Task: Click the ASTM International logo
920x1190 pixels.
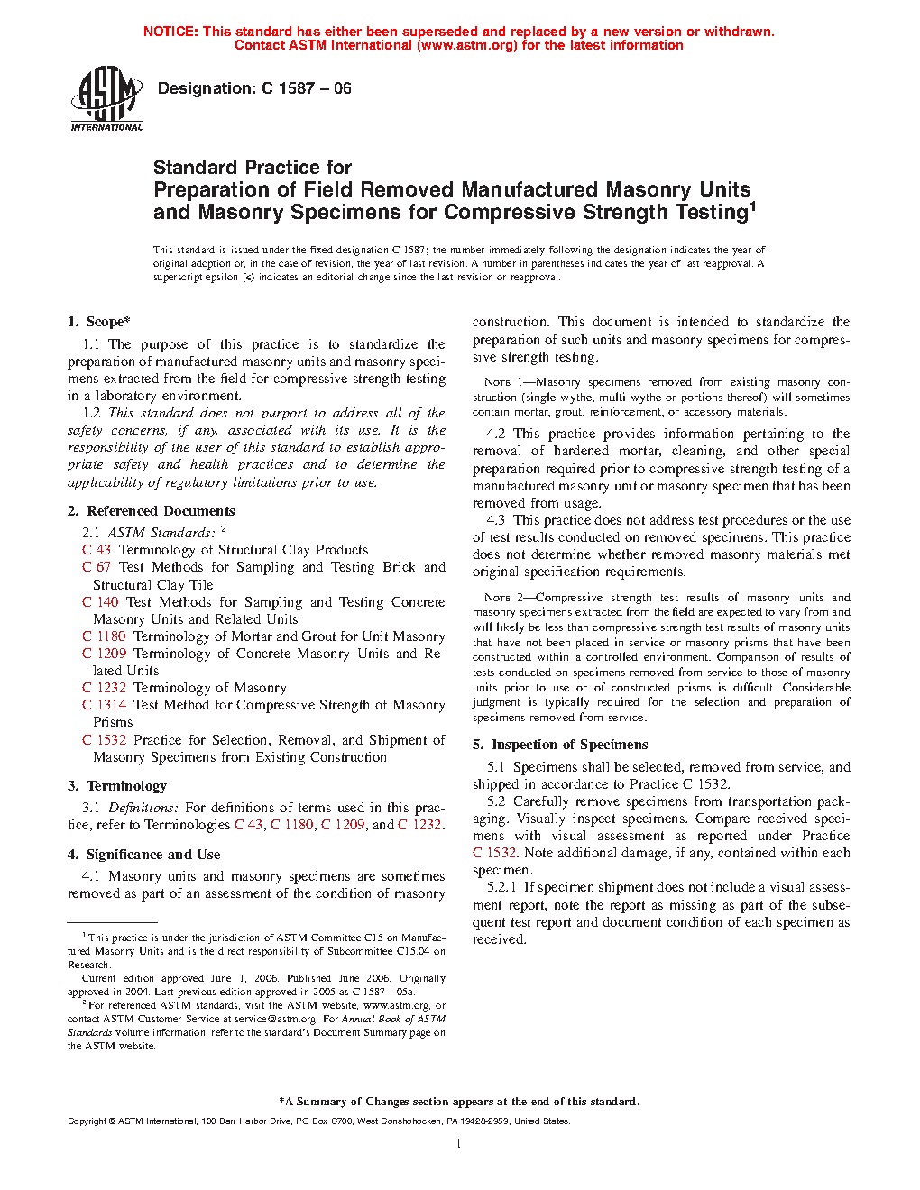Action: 106,99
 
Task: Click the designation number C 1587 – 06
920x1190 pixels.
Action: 307,88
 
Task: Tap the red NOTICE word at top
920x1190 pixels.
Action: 170,32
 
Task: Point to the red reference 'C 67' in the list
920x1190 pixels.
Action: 97,567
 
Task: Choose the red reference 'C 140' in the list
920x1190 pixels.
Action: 100,602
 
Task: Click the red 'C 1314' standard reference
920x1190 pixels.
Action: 104,705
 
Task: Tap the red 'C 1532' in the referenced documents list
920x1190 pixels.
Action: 104,740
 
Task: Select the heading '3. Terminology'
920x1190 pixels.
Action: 117,786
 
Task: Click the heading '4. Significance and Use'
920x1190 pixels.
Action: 144,855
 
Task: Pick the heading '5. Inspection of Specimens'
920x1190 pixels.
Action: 560,745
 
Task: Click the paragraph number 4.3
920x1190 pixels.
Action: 496,520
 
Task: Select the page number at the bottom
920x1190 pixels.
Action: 459,1144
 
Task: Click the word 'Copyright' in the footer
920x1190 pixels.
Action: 87,1121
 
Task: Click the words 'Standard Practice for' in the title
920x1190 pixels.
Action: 253,168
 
